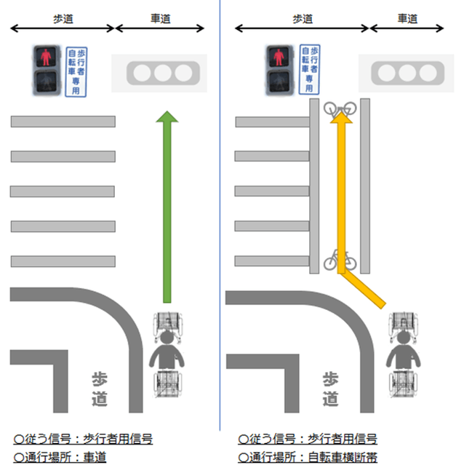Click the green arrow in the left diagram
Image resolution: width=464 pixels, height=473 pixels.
pos(167,211)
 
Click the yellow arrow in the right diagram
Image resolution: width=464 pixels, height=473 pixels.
pos(340,204)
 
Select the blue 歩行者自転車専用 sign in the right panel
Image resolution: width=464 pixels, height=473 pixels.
pos(309,70)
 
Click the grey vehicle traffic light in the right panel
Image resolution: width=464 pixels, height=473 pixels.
pos(407,73)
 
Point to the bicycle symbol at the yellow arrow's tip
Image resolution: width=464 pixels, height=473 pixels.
pos(340,109)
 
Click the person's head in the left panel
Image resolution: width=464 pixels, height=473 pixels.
pos(168,338)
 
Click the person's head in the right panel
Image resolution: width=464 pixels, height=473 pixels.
pos(402,338)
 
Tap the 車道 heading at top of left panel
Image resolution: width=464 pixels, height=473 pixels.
pos(159,18)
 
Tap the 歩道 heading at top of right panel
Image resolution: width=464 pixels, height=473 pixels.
pos(301,18)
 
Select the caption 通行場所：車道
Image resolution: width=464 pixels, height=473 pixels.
pos(60,457)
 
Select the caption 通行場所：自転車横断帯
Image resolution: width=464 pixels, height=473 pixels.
pos(307,457)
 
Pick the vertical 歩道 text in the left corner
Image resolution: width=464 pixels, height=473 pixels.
pos(100,389)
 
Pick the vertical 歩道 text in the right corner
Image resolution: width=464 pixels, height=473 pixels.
pos(330,389)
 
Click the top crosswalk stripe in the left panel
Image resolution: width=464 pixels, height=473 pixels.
pos(63,122)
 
